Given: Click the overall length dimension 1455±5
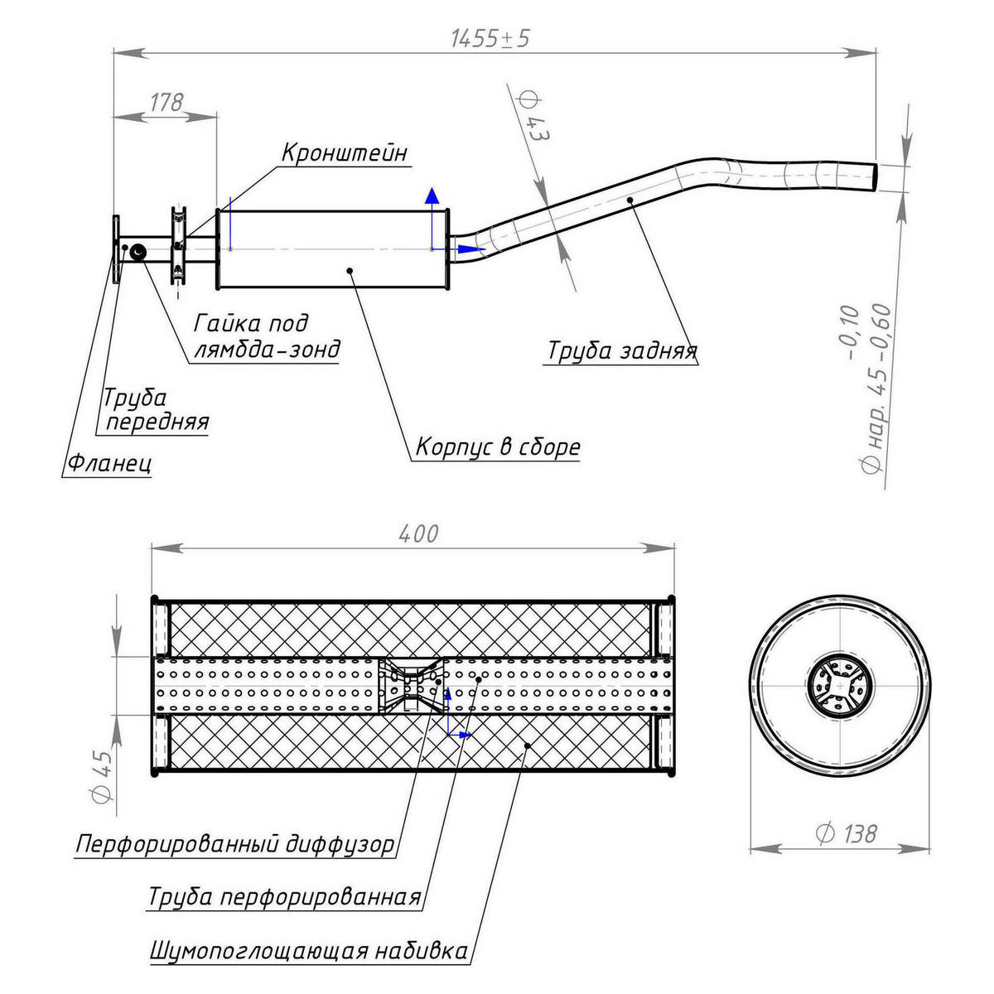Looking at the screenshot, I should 489,38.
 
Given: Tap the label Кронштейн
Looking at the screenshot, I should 345,153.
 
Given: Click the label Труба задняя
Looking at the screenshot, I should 621,351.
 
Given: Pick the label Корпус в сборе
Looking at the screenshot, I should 497,447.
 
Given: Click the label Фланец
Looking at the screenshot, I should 108,462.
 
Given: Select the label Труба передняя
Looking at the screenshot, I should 155,410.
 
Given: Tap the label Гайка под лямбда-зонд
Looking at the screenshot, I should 266,335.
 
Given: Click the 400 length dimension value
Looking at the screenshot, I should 417,534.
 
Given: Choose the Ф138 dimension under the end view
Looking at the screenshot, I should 846,833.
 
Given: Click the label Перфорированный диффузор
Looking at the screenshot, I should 235,846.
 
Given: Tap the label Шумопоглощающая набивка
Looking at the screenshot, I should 308,950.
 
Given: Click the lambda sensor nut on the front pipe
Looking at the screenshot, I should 138,251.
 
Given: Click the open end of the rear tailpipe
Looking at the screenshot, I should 876,176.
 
